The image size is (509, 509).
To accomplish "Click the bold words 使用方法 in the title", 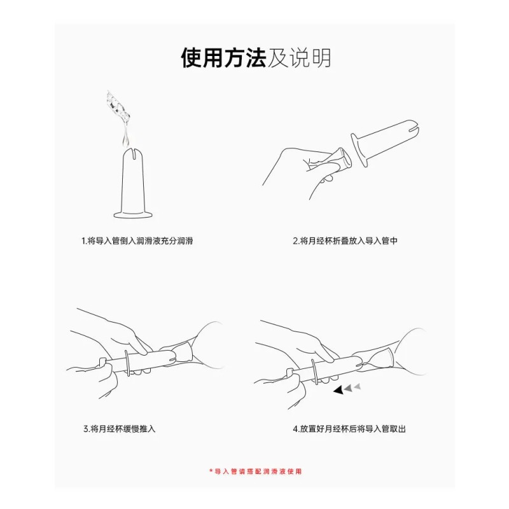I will (x=223, y=58).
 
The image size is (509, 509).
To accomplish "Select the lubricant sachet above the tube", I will (x=119, y=108).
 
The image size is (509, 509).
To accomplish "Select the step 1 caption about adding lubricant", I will (x=137, y=241).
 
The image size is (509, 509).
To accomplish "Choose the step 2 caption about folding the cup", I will (x=345, y=241).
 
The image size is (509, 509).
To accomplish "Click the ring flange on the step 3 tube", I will (x=129, y=364).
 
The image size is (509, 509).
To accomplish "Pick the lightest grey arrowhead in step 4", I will (x=358, y=386).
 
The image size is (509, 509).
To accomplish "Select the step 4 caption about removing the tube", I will (x=349, y=429).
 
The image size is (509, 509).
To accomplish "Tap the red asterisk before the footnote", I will (x=211, y=471).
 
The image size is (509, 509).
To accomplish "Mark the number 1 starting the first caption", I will (x=83, y=241).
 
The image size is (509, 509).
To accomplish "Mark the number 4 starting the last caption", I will (x=295, y=429).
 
